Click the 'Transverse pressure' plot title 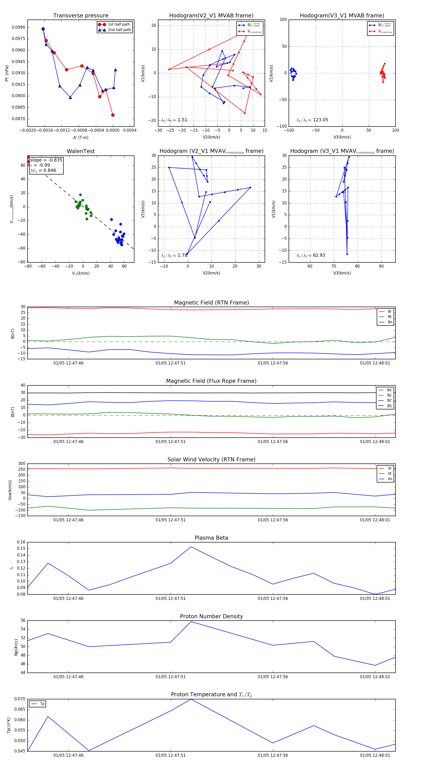pyautogui.click(x=81, y=16)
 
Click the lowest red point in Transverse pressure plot pyautogui.click(x=113, y=115)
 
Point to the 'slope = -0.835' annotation pyautogui.click(x=46, y=160)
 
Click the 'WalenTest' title pyautogui.click(x=81, y=151)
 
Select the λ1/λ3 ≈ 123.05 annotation pyautogui.click(x=312, y=120)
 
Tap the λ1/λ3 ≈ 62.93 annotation pyautogui.click(x=311, y=255)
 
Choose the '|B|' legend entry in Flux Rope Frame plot pyautogui.click(x=389, y=406)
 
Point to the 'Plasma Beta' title pyautogui.click(x=211, y=538)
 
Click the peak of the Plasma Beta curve pyautogui.click(x=191, y=547)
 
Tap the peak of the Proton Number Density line pyautogui.click(x=191, y=622)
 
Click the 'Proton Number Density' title pyautogui.click(x=211, y=616)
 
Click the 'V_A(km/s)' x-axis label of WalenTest pyautogui.click(x=81, y=273)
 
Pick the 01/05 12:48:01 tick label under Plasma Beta pyautogui.click(x=375, y=598)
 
